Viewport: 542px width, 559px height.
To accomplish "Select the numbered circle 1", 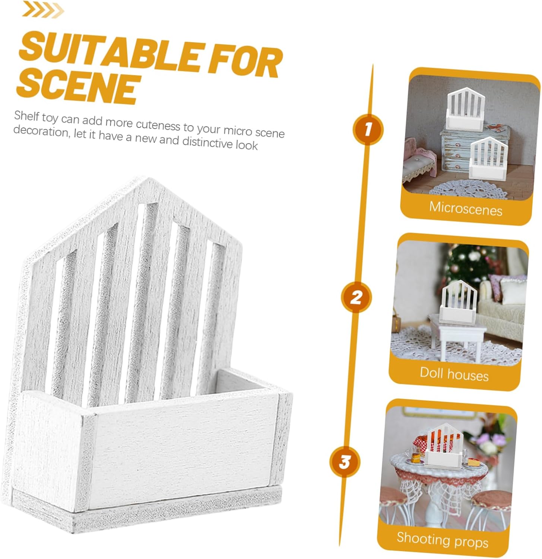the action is (x=368, y=130).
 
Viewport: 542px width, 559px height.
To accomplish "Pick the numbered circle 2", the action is (x=356, y=297).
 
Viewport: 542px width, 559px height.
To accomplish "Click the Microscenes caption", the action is (x=466, y=209).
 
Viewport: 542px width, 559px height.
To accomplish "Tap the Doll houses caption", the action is (x=454, y=374).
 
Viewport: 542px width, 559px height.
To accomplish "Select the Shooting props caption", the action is (x=442, y=540).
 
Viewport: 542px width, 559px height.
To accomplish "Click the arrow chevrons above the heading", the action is (x=43, y=9).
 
